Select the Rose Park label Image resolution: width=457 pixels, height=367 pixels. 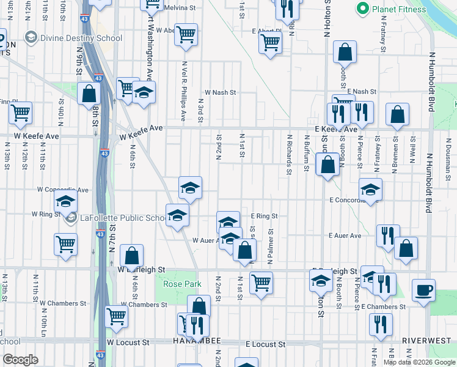182,284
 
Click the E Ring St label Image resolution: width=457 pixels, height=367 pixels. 264,216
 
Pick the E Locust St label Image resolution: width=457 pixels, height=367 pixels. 266,344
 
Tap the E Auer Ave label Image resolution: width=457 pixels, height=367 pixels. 345,235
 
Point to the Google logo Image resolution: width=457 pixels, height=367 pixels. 20,360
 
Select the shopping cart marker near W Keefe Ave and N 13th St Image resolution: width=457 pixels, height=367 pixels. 21,113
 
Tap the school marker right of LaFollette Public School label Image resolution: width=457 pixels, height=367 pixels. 178,216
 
